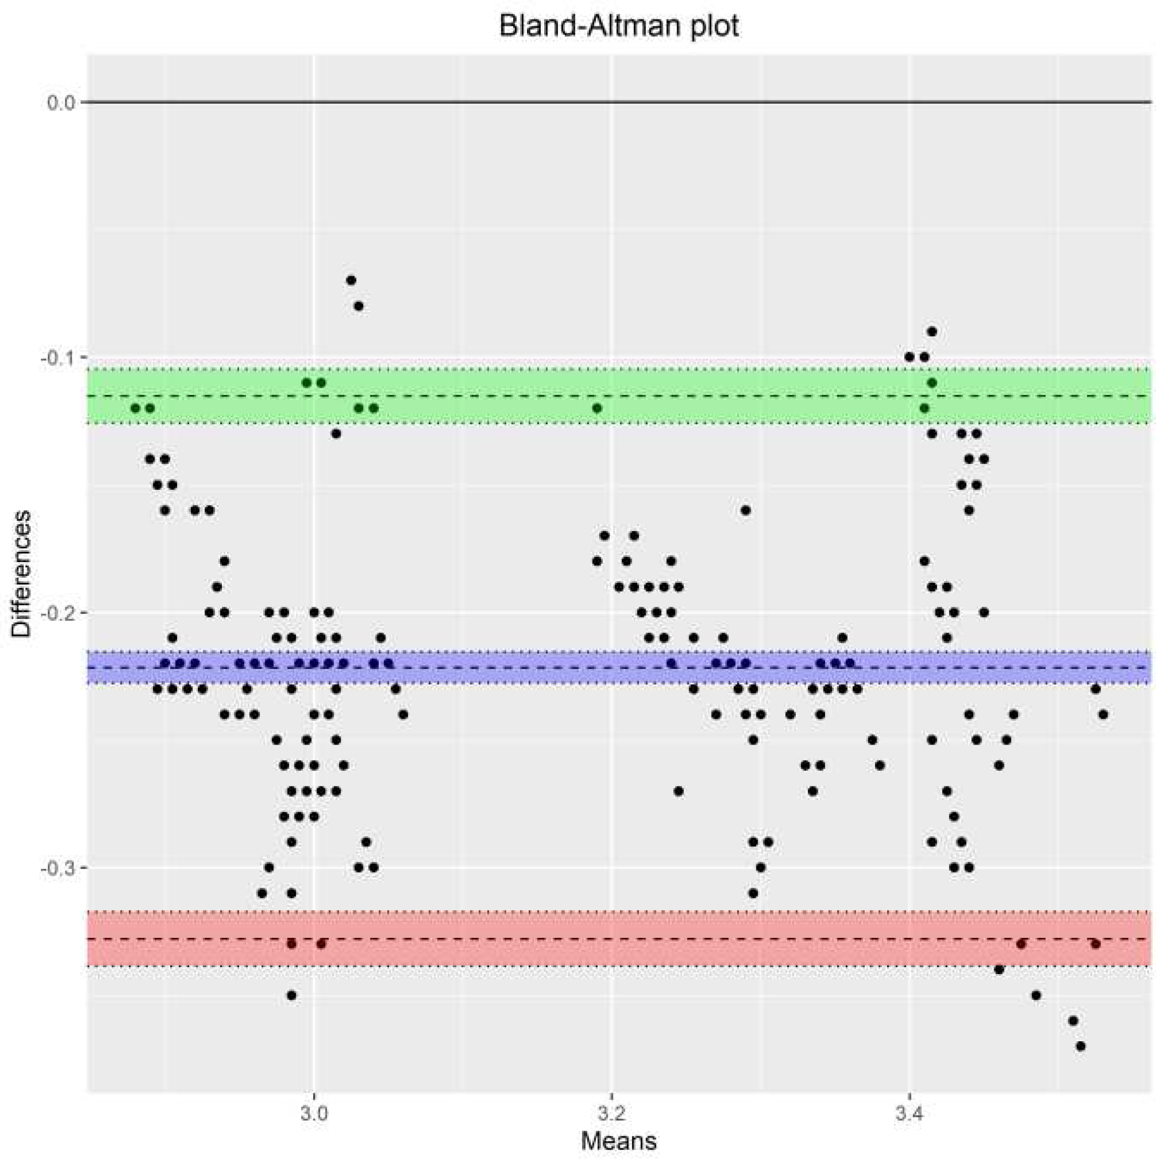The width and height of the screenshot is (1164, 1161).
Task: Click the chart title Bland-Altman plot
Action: (619, 27)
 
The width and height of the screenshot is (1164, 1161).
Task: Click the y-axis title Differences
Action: (22, 573)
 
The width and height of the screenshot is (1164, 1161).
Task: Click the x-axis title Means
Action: (619, 1140)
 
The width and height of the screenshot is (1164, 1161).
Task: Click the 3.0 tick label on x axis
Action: (314, 1113)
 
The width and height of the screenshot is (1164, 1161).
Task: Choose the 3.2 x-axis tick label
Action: (611, 1113)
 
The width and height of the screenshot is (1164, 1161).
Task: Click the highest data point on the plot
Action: (351, 280)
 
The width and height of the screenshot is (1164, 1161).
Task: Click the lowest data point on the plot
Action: (1081, 1046)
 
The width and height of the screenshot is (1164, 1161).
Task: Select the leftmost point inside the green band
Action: (135, 408)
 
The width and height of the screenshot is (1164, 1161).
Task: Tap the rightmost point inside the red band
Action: (1095, 944)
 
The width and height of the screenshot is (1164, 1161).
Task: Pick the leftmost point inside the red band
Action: (292, 944)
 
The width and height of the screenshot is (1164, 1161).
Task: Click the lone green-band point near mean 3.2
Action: (597, 408)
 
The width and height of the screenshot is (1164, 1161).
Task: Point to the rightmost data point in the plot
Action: (1103, 715)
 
